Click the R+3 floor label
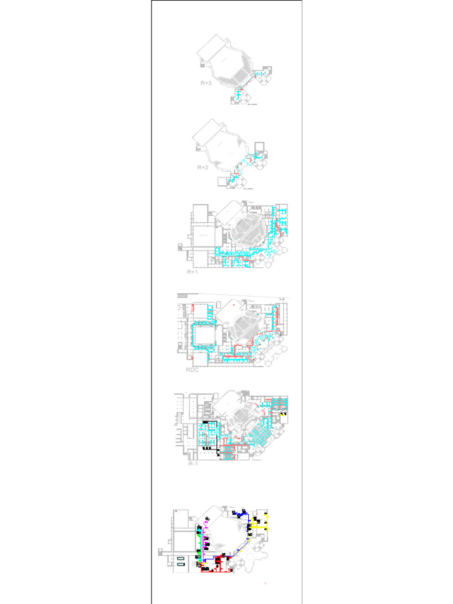point(205,84)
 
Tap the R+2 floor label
point(202,168)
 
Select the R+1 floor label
point(193,272)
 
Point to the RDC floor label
point(192,370)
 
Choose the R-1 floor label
point(192,464)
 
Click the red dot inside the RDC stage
point(234,304)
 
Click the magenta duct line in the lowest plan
point(207,534)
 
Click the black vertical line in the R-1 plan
point(216,436)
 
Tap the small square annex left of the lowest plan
point(162,552)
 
